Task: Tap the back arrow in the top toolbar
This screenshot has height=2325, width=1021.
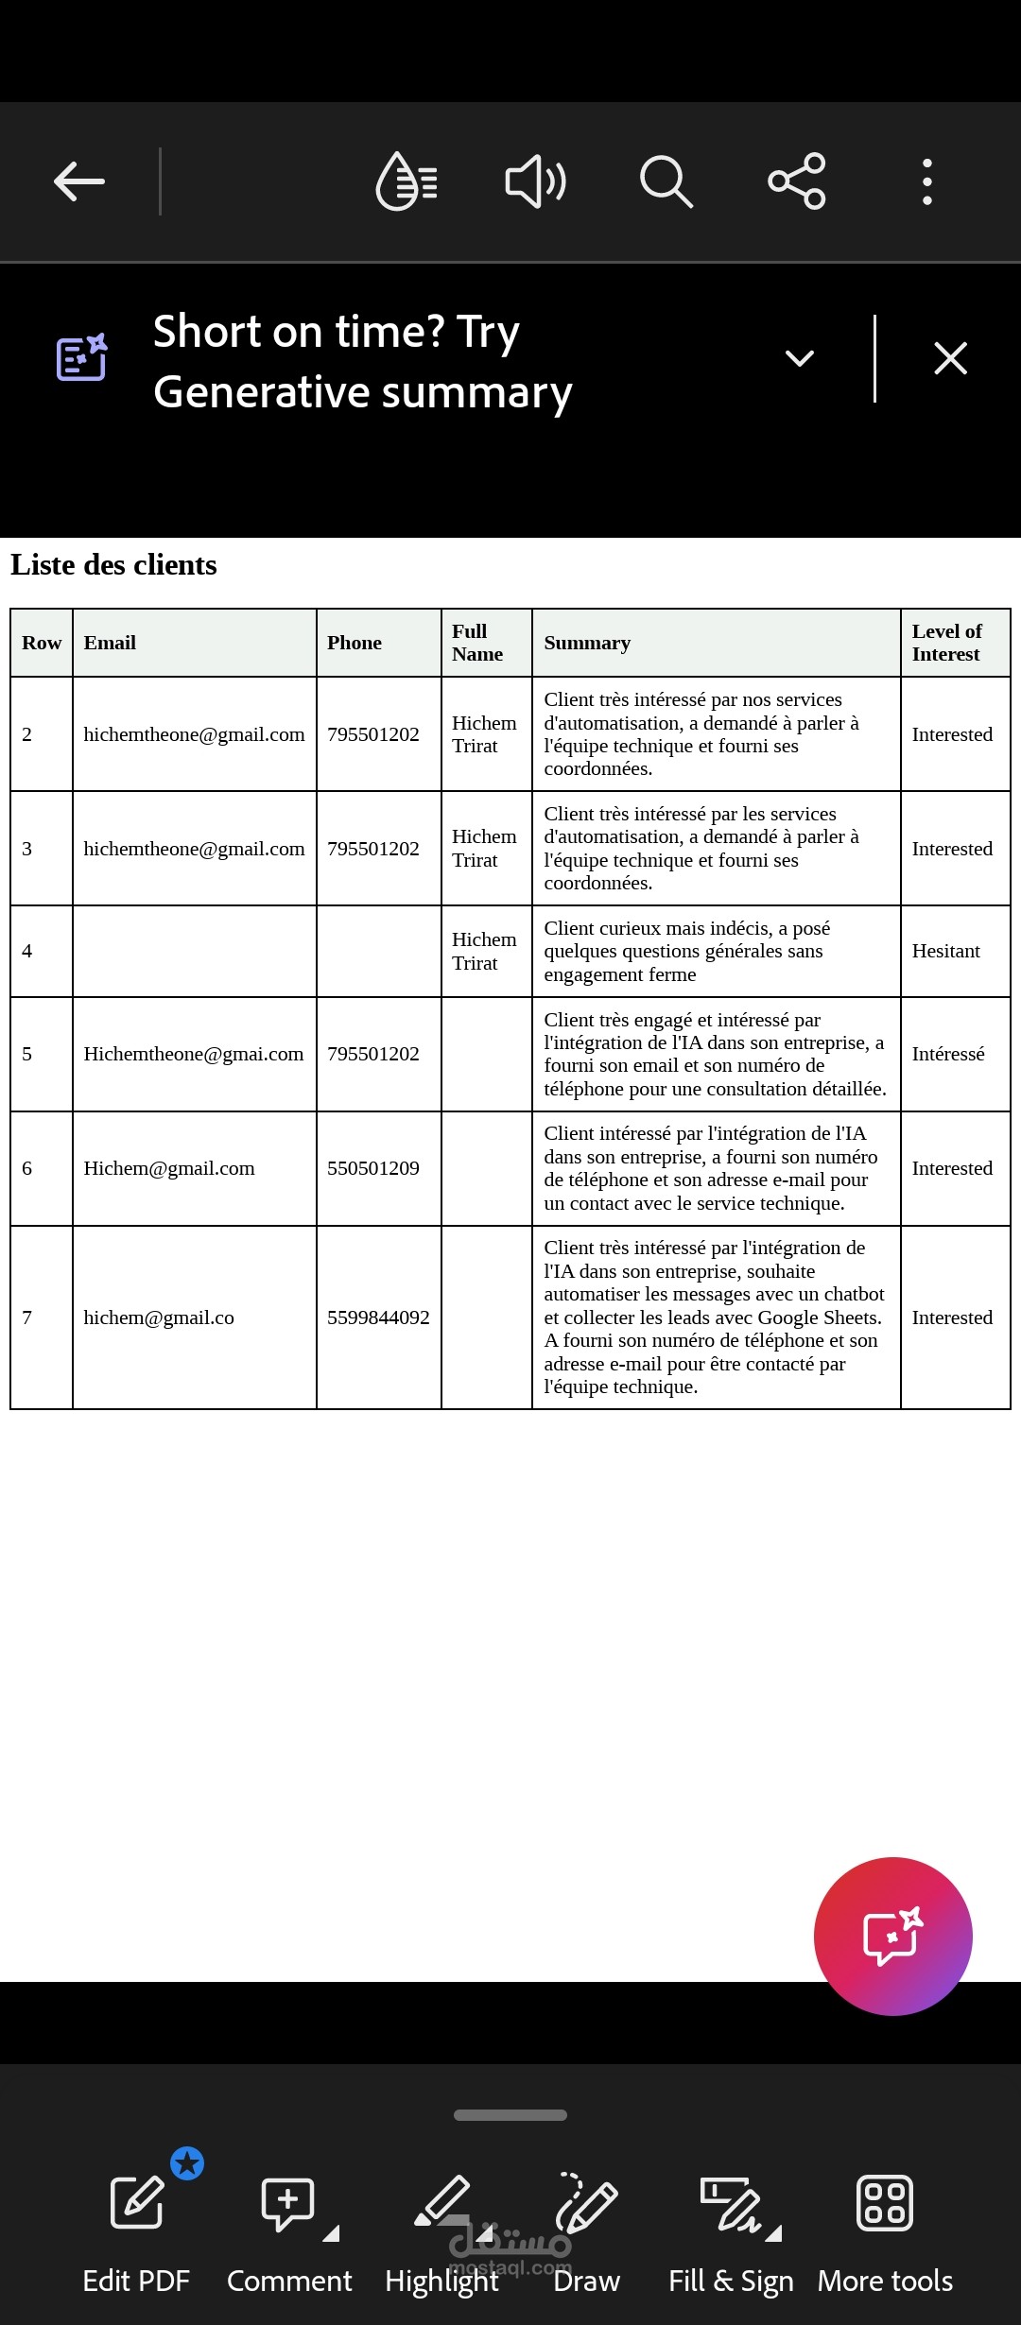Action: (79, 181)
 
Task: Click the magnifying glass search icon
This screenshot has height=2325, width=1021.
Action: (666, 181)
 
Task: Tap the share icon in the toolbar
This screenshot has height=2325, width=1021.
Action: (797, 181)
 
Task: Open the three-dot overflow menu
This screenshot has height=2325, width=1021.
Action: (926, 181)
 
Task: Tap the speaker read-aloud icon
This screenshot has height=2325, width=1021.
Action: (536, 181)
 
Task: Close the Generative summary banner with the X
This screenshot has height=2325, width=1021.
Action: (950, 358)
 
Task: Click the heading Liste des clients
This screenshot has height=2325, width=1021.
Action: (113, 565)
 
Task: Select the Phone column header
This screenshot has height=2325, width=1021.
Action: (355, 643)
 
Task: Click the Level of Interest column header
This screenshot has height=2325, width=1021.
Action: (946, 643)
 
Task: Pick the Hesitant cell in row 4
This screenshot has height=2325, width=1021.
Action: (945, 951)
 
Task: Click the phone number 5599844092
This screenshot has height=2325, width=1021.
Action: (378, 1317)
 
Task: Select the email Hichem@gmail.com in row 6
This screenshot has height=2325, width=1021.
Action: (169, 1168)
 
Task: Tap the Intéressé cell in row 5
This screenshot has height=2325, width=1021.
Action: (948, 1054)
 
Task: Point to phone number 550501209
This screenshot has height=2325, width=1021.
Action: (373, 1168)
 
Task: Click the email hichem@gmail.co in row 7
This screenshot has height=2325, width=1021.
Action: (159, 1317)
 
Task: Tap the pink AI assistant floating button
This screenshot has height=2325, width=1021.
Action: (892, 1936)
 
